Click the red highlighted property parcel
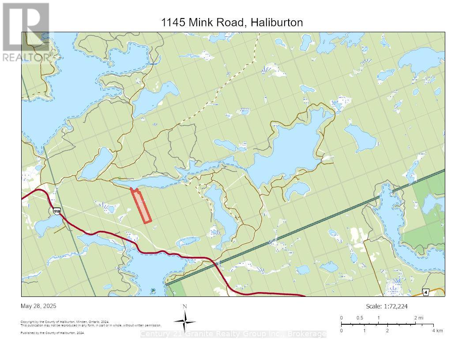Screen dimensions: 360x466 (x=142, y=206)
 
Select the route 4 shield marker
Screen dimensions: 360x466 (x=425, y=292)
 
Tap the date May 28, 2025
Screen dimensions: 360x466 (x=38, y=306)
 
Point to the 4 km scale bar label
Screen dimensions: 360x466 (x=437, y=330)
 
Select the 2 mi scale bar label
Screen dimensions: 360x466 (x=418, y=318)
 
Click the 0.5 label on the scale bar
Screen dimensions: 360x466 (x=360, y=318)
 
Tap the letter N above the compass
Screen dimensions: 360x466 (x=185, y=307)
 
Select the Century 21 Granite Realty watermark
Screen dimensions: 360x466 (x=233, y=334)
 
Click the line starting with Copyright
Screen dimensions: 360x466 (x=65, y=322)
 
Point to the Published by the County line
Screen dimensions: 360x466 (x=53, y=333)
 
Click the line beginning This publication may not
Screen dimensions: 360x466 (x=90, y=325)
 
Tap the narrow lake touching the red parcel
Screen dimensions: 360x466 (x=150, y=182)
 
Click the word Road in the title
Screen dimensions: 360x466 (x=230, y=22)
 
